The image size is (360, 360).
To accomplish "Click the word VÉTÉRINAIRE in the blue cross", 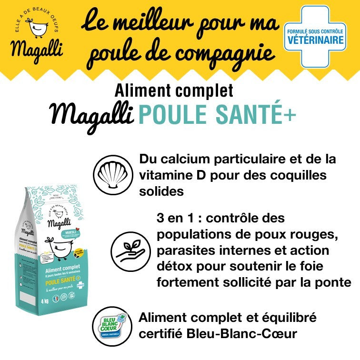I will coord(314,41).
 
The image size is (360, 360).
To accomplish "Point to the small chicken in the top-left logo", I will coord(36,27).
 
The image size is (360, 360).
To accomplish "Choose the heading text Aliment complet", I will coord(174,90).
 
